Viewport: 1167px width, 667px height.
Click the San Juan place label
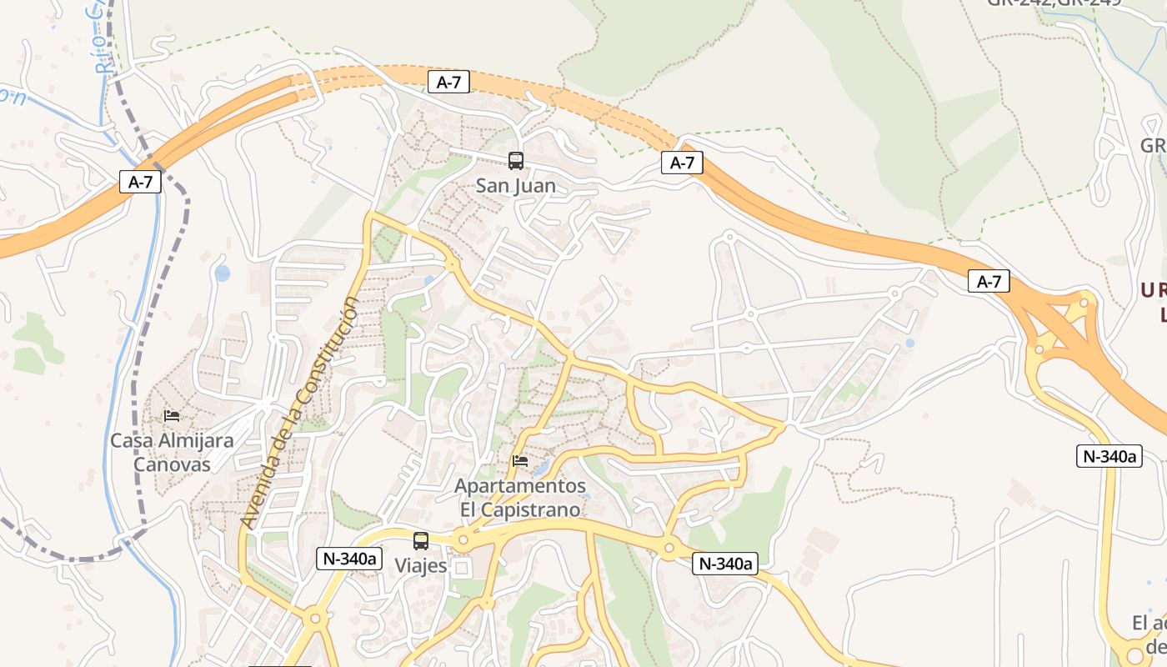tap(515, 185)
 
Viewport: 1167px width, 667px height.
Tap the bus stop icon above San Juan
tap(516, 161)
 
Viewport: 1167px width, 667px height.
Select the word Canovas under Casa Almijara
tap(173, 464)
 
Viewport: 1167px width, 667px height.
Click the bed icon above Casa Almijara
tap(172, 415)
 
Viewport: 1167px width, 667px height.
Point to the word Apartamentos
tap(520, 485)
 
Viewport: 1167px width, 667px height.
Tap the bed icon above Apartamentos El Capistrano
tap(520, 460)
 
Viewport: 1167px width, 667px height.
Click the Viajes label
tap(421, 565)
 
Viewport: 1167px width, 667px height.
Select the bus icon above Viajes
tap(421, 540)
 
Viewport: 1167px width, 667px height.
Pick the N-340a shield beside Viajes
tap(348, 559)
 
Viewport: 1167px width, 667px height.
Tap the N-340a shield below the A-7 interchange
tap(1108, 456)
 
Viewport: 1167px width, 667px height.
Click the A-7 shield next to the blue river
tap(140, 182)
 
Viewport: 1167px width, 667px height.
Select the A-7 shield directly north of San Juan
tap(448, 82)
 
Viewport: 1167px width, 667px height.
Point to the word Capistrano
tap(530, 509)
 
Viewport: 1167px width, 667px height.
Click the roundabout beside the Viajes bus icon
tap(463, 540)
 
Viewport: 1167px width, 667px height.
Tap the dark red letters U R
tap(1154, 290)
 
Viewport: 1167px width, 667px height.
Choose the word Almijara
tap(193, 440)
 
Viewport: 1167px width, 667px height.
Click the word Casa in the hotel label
tap(130, 440)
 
